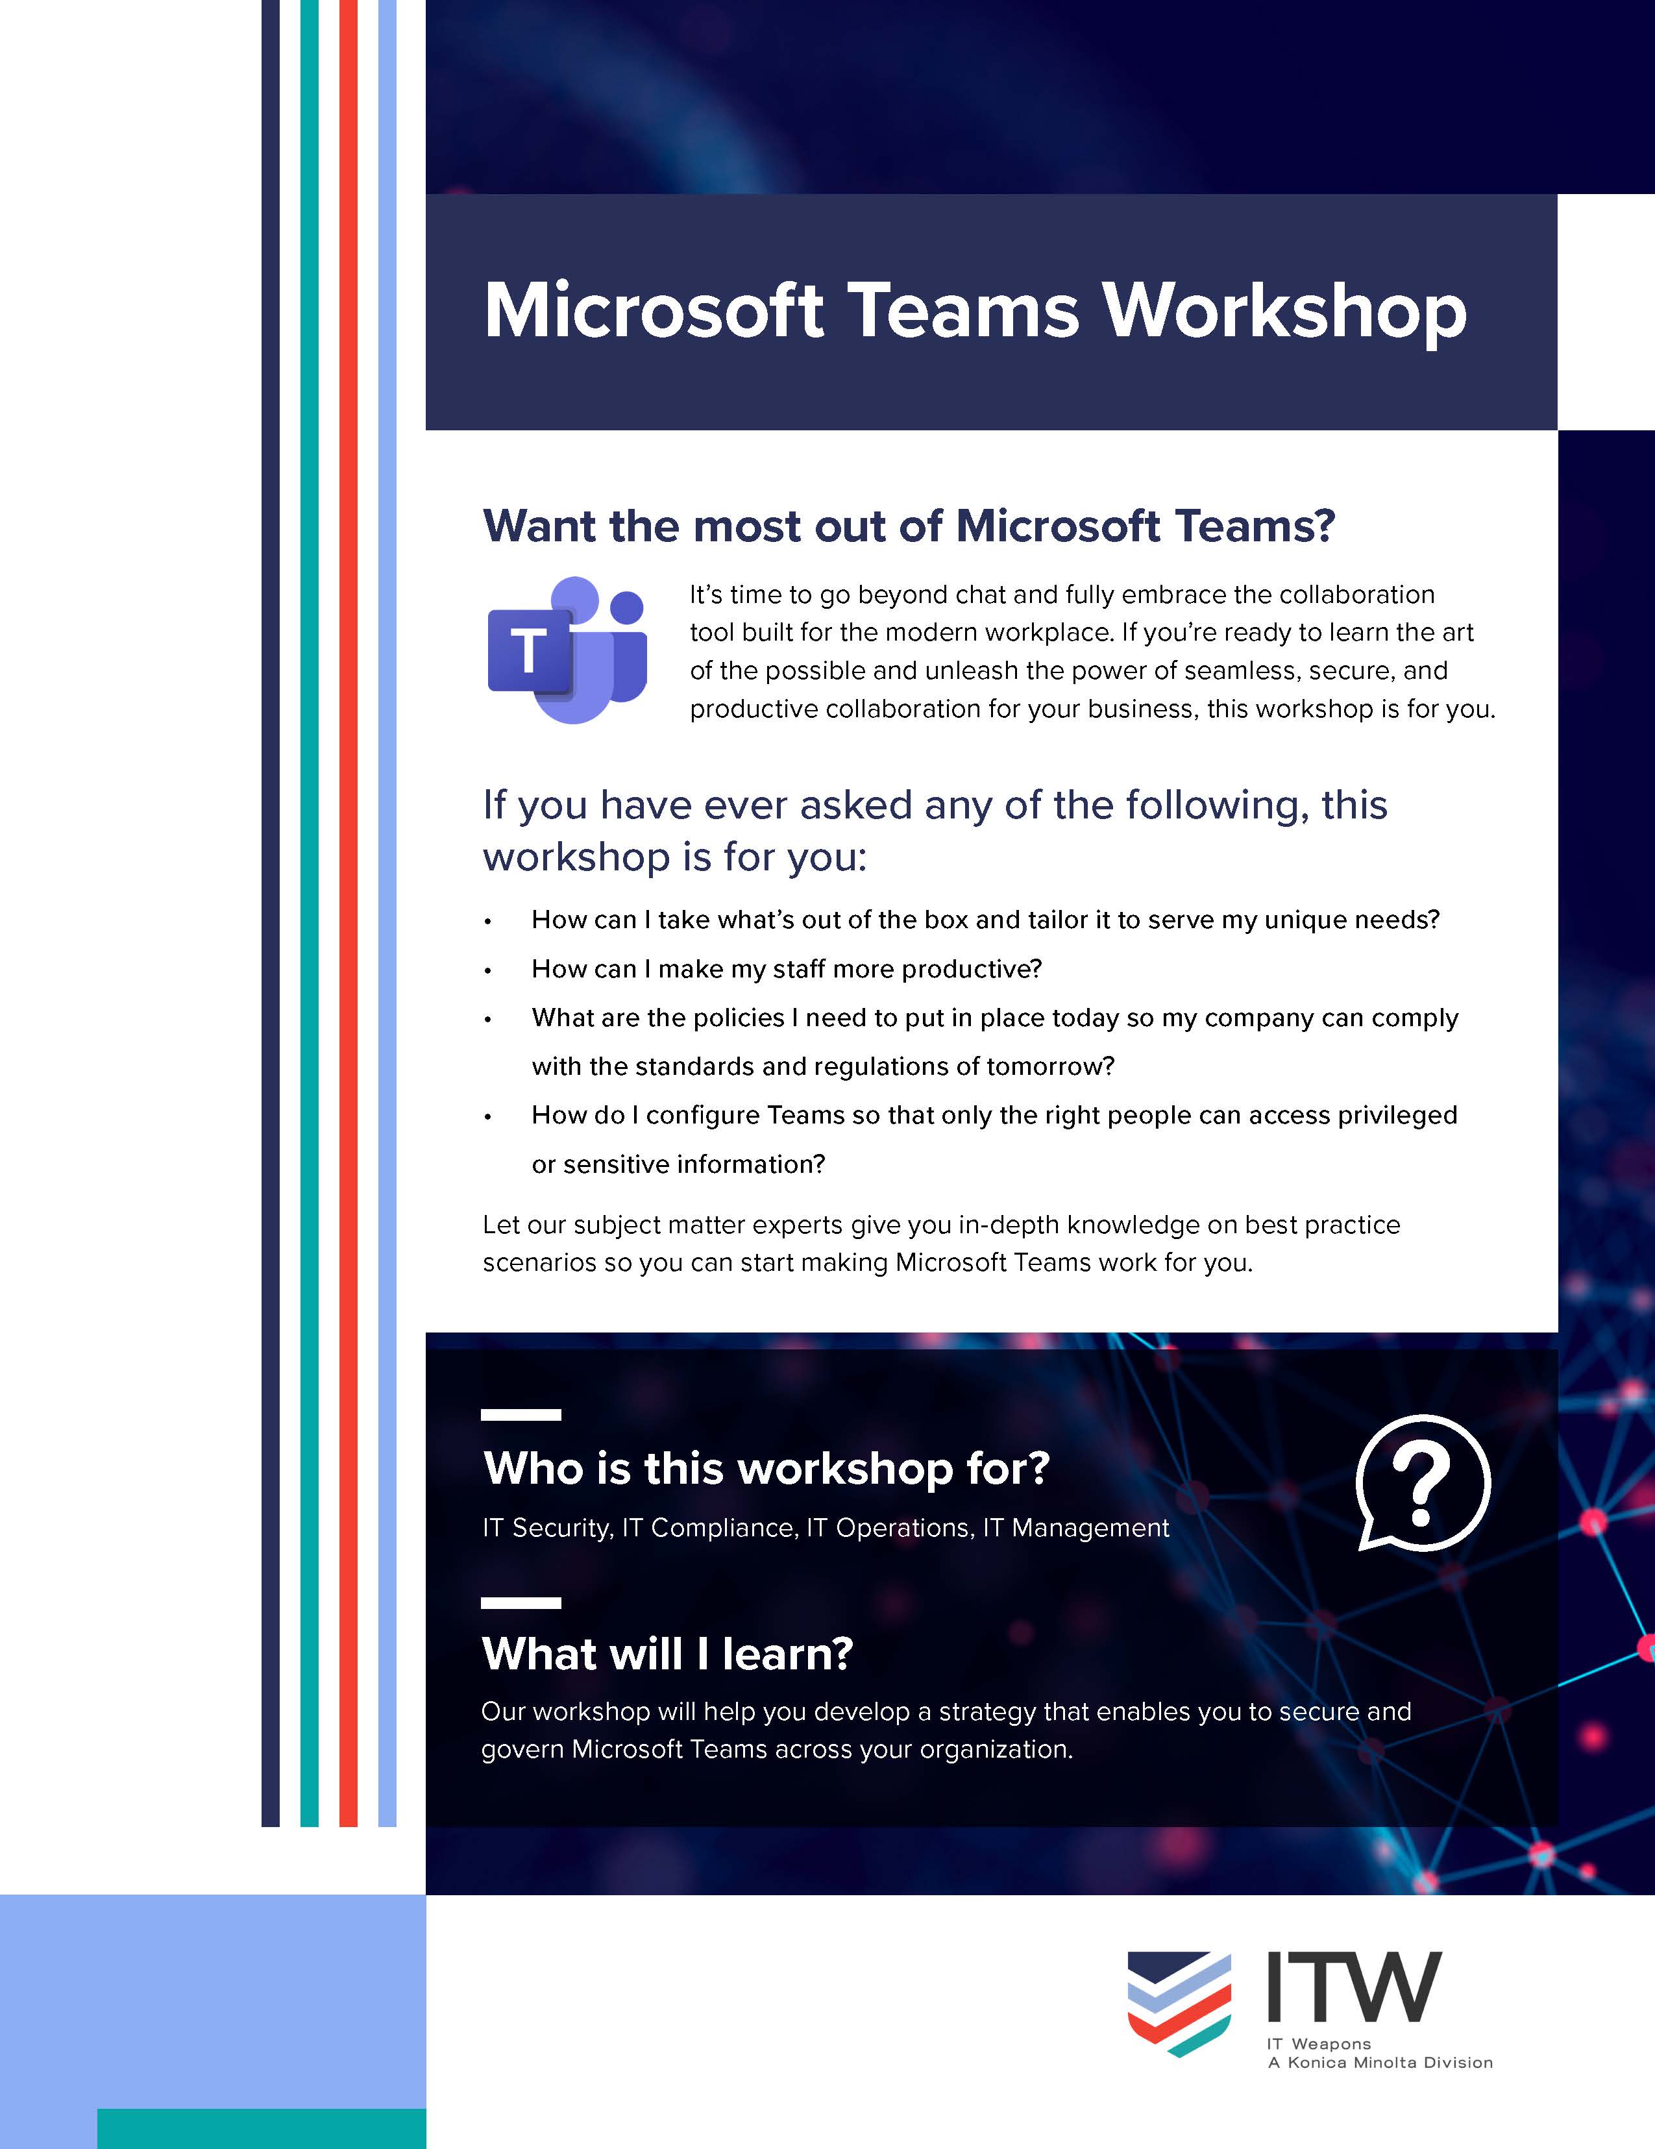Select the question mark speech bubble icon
coord(1423,1483)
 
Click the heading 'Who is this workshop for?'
coord(765,1468)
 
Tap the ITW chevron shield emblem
coord(1179,2002)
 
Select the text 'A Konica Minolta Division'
coord(1380,2063)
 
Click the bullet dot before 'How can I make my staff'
coord(487,970)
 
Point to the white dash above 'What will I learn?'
coord(521,1603)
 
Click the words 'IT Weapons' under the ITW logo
coord(1319,2044)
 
